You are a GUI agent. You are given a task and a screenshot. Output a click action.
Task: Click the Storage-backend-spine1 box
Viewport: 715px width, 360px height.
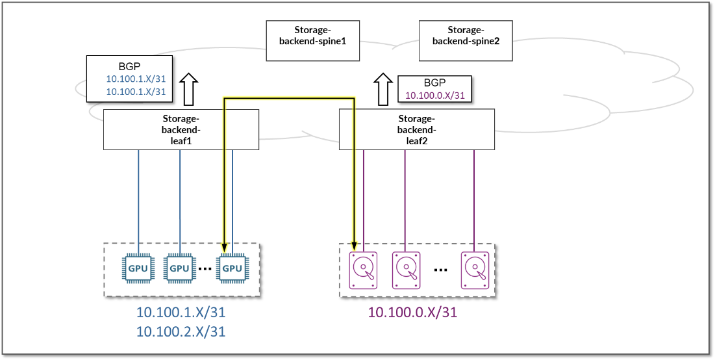313,40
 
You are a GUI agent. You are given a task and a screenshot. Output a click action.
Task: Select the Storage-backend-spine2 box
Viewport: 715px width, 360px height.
464,40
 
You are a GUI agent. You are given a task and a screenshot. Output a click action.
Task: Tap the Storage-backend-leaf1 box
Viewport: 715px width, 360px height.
181,130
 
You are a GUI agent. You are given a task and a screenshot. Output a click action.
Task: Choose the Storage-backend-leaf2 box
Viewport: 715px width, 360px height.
416,130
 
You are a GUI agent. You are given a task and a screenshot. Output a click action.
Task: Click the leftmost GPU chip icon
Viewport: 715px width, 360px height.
138,268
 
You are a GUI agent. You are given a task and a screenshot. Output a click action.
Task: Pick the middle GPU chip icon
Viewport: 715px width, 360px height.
179,268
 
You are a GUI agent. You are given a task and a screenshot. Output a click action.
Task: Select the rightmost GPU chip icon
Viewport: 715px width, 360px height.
232,268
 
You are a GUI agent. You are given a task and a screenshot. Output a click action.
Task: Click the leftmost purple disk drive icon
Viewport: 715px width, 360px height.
364,270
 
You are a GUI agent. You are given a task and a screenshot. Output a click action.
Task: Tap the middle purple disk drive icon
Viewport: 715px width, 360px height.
407,270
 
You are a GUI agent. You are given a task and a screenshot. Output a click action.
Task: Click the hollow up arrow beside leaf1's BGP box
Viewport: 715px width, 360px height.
188,88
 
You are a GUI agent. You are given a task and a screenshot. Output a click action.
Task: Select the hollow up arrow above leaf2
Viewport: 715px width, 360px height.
383,88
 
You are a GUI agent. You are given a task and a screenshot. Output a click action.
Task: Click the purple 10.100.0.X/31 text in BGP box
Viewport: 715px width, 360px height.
434,96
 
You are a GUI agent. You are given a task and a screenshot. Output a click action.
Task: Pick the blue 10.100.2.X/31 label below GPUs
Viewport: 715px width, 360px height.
181,331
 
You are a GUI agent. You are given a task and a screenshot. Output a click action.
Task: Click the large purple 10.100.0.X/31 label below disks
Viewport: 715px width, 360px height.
412,312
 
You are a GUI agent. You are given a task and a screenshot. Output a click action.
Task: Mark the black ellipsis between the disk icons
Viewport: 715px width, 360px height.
441,269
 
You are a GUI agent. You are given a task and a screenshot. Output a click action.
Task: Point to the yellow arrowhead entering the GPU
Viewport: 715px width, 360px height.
224,247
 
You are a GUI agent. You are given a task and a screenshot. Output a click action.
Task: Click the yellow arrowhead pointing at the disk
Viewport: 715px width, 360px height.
355,246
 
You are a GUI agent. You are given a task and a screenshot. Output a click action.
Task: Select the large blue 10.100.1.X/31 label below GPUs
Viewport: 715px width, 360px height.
181,313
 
